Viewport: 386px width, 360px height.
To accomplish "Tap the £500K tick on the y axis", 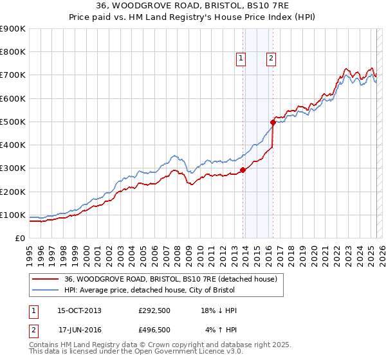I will click(x=13, y=122).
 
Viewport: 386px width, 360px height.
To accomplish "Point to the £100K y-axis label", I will click(x=13, y=215).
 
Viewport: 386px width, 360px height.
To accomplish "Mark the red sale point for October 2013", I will click(x=243, y=170).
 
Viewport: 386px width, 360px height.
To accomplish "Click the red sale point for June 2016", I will click(x=273, y=122).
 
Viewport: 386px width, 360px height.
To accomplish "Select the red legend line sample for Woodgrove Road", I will click(x=46, y=278).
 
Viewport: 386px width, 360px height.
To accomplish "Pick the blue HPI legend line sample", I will click(x=46, y=290).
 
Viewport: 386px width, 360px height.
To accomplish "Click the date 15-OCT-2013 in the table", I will click(x=79, y=310).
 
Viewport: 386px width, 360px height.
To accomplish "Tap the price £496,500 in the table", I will click(x=154, y=330).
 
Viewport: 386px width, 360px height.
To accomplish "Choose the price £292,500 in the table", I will click(x=154, y=310).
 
